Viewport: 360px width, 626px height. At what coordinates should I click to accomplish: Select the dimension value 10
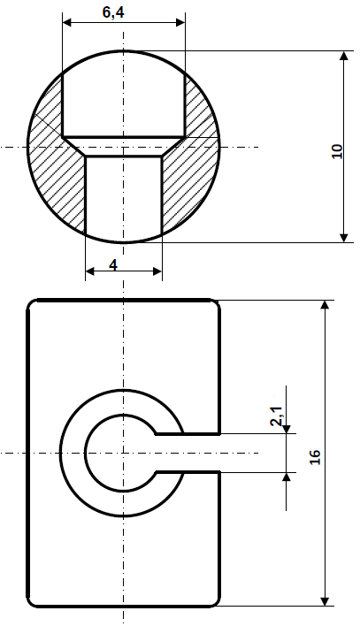point(336,147)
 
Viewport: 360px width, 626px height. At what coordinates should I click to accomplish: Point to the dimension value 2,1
point(277,416)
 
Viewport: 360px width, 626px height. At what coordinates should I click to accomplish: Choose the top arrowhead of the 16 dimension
point(326,306)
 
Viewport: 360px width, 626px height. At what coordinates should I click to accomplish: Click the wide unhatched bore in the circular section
point(123,97)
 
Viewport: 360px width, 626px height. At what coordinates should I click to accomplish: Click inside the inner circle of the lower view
point(115,453)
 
